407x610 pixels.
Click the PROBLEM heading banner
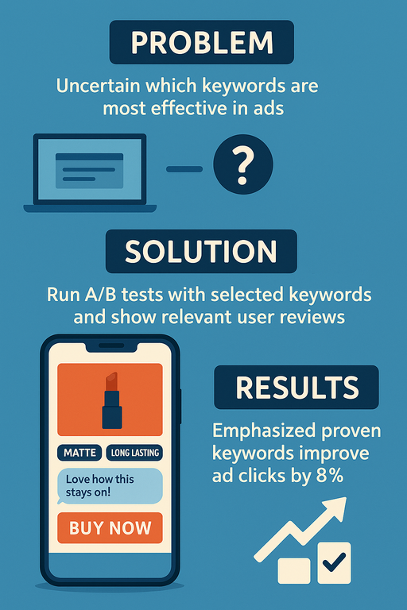(x=202, y=42)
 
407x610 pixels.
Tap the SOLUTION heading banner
(x=201, y=251)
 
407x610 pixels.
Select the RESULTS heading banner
(x=297, y=387)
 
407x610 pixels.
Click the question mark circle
(x=243, y=164)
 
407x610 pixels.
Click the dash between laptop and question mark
(x=184, y=169)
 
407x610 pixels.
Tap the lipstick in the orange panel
(x=112, y=400)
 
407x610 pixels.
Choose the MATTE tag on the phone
(x=79, y=453)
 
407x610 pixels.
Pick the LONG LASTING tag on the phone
(x=135, y=453)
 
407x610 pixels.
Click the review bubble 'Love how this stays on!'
(x=110, y=486)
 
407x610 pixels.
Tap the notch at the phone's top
(x=111, y=346)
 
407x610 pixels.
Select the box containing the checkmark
(x=334, y=563)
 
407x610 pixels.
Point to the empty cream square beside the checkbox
(x=294, y=571)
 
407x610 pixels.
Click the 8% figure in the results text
(x=330, y=476)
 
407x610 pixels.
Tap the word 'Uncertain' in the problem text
(x=98, y=86)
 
